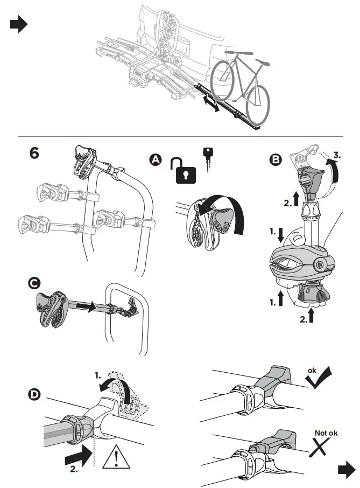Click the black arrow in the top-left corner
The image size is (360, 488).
tap(19, 25)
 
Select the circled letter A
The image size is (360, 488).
tap(156, 159)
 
